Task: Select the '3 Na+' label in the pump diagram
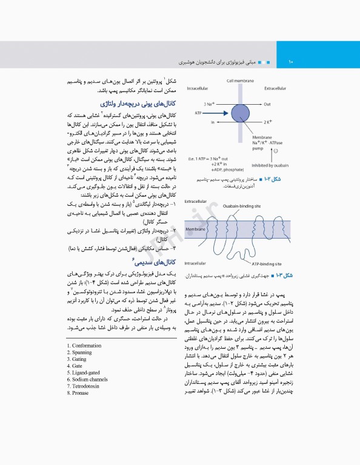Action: pyautogui.click(x=211, y=104)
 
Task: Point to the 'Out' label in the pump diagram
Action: pyautogui.click(x=267, y=104)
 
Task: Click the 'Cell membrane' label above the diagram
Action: pyautogui.click(x=240, y=81)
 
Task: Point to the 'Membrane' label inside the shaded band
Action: pyautogui.click(x=195, y=230)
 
